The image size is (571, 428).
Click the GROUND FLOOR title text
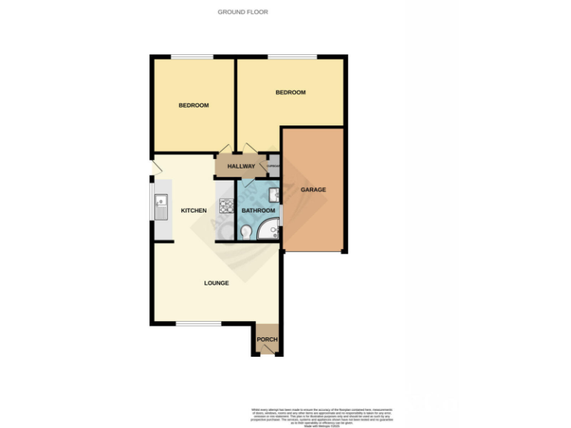pos(242,12)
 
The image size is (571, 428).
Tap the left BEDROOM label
pos(193,106)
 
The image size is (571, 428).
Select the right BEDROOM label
pos(290,92)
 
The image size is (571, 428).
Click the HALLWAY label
pos(241,166)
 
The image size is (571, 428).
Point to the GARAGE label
pos(313,190)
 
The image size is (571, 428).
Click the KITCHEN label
pos(193,211)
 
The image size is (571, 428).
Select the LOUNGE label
pos(216,283)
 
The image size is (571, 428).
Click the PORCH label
pos(267,340)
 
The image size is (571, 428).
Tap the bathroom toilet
pos(247,232)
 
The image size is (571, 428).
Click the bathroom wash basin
pos(274,195)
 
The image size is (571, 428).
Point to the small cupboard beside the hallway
pos(273,166)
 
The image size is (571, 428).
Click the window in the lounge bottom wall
pos(199,323)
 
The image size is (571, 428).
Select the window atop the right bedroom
pos(292,57)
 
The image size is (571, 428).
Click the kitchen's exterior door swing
pos(155,168)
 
